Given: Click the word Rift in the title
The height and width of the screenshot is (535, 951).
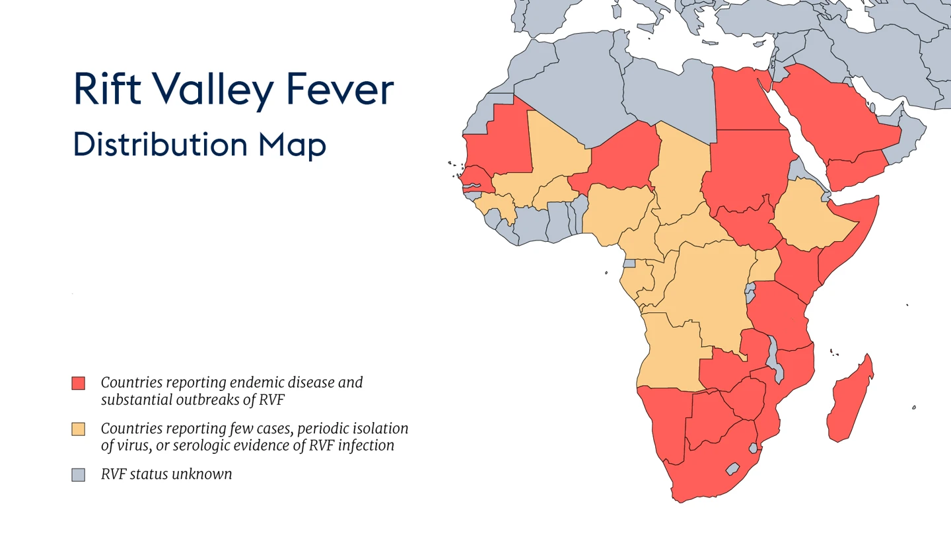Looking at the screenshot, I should [x=107, y=89].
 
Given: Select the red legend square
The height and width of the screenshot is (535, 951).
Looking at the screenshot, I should [x=79, y=383].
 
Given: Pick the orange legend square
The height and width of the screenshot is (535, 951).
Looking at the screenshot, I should [x=79, y=429].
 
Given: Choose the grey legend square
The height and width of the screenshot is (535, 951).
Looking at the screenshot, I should [x=79, y=474].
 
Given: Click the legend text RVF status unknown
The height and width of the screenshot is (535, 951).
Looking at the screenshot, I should [x=166, y=474].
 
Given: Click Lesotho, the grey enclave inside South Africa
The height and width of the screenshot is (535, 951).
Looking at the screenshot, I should [x=732, y=469].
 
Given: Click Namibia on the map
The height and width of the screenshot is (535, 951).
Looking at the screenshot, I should [x=660, y=423].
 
